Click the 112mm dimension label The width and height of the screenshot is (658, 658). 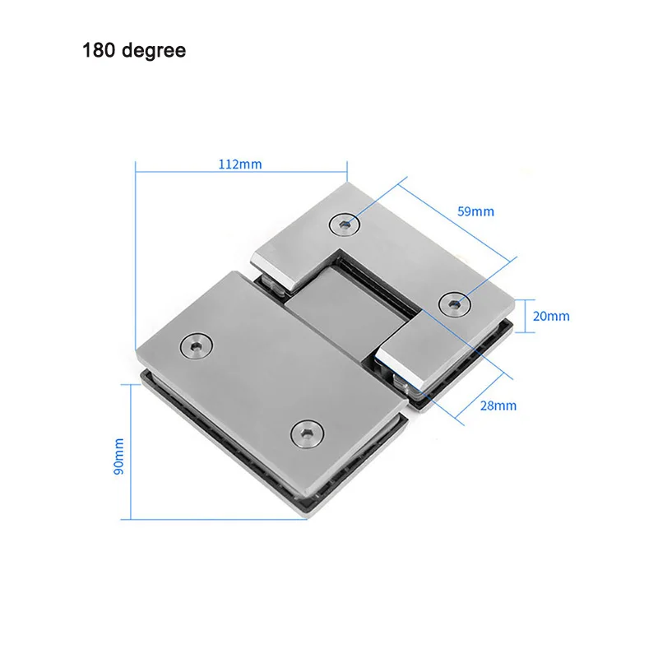click(240, 164)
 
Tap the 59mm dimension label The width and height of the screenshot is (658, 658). click(475, 211)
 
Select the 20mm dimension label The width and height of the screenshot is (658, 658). click(551, 316)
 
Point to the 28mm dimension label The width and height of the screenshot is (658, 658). click(498, 405)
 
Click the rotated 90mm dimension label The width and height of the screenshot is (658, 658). click(118, 456)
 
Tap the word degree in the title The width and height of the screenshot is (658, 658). click(154, 51)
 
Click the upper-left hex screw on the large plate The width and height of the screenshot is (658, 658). click(196, 346)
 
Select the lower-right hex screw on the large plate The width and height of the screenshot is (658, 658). click(308, 434)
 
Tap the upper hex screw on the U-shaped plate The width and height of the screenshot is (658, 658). click(345, 225)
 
